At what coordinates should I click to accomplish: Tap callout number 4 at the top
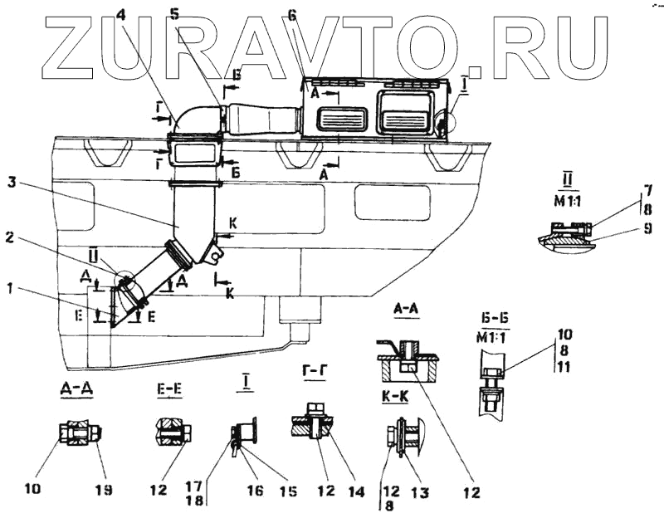click(121, 12)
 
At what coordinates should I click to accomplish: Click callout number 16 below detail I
click(254, 491)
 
